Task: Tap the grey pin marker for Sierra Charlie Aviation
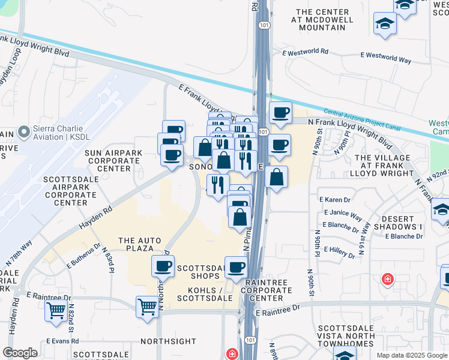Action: (x=24, y=131)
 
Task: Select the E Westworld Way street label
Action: (x=385, y=61)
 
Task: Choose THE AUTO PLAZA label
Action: (x=140, y=245)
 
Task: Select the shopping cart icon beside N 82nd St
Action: (x=56, y=311)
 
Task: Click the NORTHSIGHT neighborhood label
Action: (x=168, y=341)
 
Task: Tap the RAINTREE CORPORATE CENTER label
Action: (x=268, y=290)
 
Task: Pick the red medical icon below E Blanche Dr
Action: (x=388, y=280)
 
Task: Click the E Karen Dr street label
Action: (x=337, y=199)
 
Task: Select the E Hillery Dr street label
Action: (x=340, y=250)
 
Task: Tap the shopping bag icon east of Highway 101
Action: (x=276, y=177)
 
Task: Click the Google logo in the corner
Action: (x=20, y=353)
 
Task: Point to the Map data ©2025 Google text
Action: (x=411, y=355)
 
